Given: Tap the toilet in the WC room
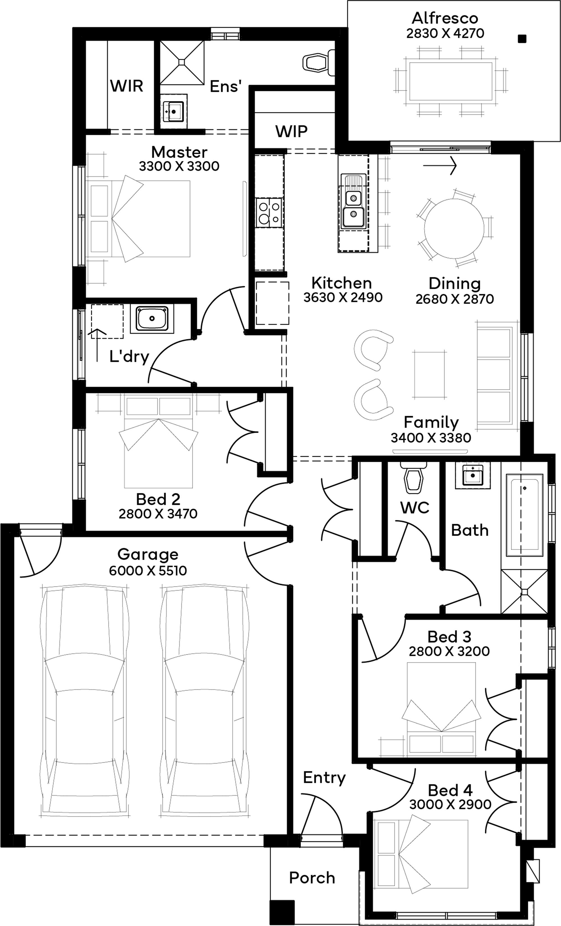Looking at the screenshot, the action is [x=414, y=477].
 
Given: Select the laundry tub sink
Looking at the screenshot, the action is [x=152, y=319].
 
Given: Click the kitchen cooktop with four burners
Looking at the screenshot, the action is [x=269, y=213].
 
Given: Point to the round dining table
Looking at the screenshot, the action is [x=454, y=228].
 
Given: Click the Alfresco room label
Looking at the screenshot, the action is [x=445, y=18].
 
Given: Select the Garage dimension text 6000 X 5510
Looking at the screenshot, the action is [x=148, y=570].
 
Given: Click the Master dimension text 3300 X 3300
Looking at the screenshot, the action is [x=179, y=166].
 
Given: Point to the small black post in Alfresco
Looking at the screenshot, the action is [x=521, y=38].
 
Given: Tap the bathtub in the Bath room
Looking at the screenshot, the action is [x=525, y=515].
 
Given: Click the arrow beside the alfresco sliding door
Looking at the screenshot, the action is [x=440, y=165].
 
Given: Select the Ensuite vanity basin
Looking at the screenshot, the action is [x=174, y=112].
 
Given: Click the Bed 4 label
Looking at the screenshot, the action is [x=450, y=790].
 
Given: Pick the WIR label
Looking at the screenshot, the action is [x=127, y=86].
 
